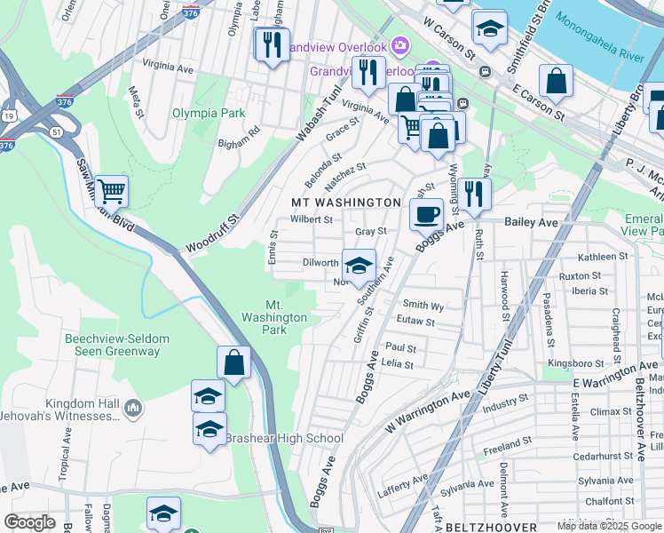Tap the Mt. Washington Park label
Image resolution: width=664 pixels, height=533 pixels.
point(274,317)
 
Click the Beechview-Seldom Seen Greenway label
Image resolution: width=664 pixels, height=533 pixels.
point(112,345)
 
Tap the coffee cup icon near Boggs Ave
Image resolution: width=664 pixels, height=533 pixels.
point(426,214)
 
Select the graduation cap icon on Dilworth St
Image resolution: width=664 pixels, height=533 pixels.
point(359,266)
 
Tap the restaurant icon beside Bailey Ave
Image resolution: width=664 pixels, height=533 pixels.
point(474,194)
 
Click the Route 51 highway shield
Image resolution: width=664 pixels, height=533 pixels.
point(56,132)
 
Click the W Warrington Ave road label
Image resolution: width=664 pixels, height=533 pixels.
point(426,410)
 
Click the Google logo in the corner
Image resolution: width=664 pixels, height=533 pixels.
point(29,522)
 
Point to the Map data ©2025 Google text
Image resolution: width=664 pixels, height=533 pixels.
point(608,526)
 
